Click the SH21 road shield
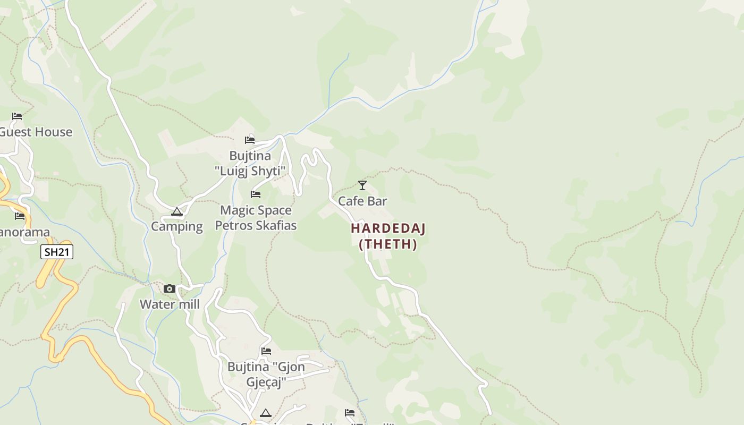click(57, 252)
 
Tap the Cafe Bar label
click(362, 201)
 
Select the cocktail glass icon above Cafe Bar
click(362, 185)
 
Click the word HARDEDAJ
click(388, 228)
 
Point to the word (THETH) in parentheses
click(388, 244)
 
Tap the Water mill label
click(170, 304)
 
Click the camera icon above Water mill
click(170, 288)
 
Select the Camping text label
click(177, 226)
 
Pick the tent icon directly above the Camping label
click(177, 211)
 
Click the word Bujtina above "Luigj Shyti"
click(250, 156)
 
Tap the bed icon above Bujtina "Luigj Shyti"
click(250, 140)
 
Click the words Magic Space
click(256, 210)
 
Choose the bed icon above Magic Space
click(256, 194)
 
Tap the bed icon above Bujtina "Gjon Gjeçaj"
click(266, 351)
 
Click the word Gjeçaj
click(266, 382)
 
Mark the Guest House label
click(35, 132)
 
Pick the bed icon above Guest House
click(17, 116)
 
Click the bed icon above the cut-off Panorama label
click(20, 216)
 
